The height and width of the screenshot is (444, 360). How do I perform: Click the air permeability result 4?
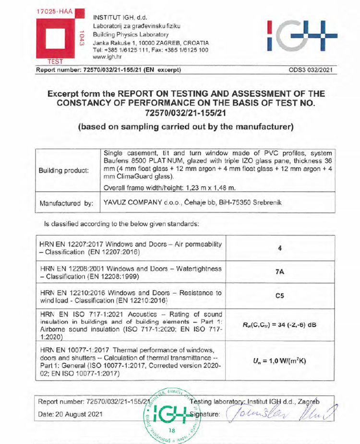(279, 248)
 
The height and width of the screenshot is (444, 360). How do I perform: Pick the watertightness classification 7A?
(279, 272)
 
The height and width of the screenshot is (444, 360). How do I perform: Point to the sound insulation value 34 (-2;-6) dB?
(279, 324)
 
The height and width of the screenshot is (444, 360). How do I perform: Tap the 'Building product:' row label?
(65, 171)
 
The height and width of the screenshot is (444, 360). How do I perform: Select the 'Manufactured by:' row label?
(66, 203)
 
